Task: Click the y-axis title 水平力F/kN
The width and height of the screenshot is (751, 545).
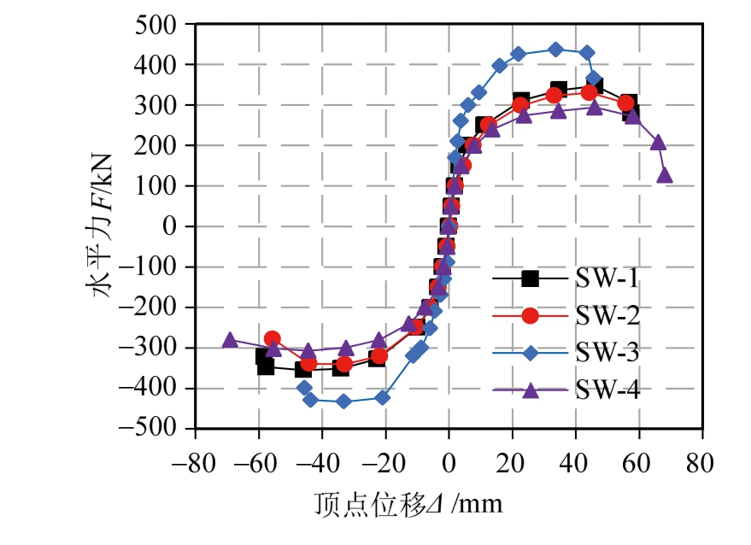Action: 103,226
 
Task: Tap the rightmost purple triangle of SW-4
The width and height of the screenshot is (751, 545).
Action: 665,175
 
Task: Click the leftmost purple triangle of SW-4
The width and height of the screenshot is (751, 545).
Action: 229,340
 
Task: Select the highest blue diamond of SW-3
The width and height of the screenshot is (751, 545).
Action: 555,50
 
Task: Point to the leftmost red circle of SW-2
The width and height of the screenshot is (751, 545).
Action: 272,339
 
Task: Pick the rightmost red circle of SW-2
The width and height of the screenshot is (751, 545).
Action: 626,103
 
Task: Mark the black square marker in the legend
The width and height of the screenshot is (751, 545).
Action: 530,278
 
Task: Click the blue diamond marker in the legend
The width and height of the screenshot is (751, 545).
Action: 530,353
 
